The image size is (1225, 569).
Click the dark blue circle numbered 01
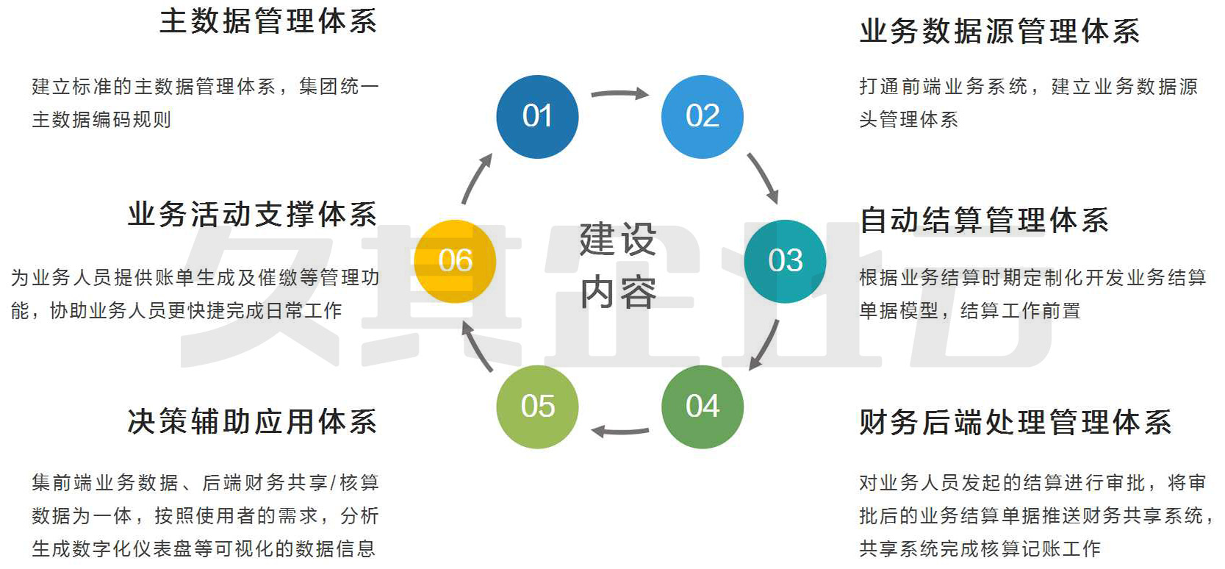537,116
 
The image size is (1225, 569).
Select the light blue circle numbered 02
703,116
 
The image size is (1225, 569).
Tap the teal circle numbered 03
785,261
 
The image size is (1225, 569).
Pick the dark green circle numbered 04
703,407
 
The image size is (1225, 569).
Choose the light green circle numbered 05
537,407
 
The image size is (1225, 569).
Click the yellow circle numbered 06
455,261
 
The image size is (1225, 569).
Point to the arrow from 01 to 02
619,93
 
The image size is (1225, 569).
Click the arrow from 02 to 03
763,178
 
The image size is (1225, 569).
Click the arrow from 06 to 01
476,179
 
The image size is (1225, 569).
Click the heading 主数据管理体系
268,21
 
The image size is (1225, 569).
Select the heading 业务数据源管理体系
999,32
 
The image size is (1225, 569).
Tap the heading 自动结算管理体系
984,220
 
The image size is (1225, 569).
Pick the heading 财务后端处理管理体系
1016,423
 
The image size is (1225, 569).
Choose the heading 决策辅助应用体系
252,422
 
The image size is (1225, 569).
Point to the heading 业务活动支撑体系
252,215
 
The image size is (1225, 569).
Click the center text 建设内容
618,265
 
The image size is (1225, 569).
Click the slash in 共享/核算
333,483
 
